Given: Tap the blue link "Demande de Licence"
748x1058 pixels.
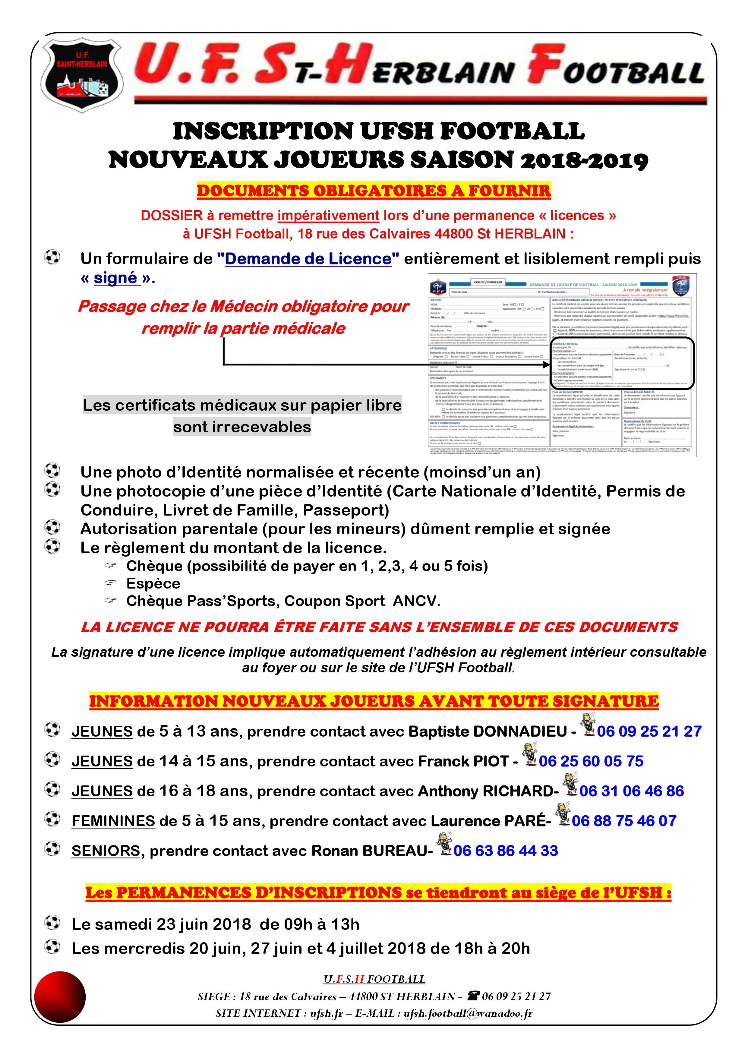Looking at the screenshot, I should [308, 259].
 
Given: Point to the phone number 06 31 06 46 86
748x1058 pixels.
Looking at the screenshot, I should [631, 791].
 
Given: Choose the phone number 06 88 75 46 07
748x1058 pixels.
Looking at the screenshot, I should [624, 821].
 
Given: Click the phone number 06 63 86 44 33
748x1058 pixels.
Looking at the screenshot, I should [506, 850].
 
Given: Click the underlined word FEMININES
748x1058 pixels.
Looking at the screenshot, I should [113, 821].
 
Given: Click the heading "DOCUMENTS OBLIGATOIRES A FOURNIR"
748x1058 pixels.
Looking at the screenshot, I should [374, 191].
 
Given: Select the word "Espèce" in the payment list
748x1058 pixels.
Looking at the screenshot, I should [153, 583].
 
